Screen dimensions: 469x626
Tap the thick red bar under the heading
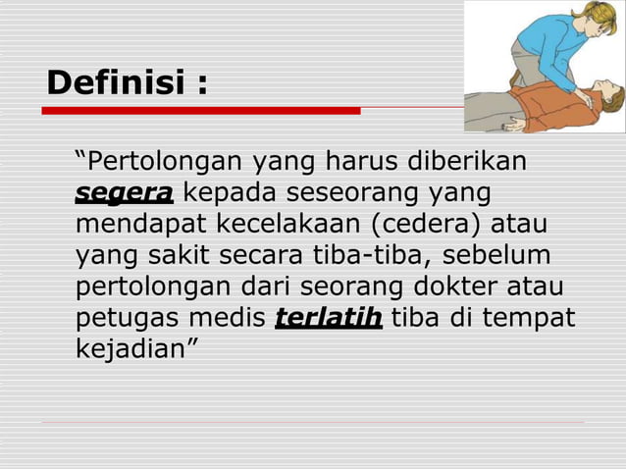201,111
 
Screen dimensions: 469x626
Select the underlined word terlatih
329,318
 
